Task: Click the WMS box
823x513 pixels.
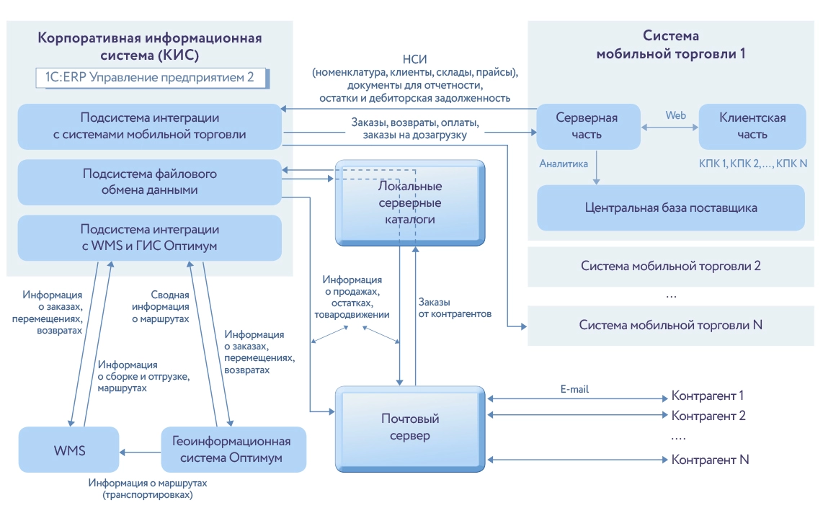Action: pyautogui.click(x=69, y=450)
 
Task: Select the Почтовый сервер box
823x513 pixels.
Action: pyautogui.click(x=410, y=427)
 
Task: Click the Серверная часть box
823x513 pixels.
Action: pyautogui.click(x=588, y=125)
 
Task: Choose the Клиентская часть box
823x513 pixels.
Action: pyautogui.click(x=752, y=125)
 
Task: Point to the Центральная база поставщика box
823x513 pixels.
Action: pyautogui.click(x=671, y=208)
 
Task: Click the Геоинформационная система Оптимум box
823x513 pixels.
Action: pyautogui.click(x=231, y=450)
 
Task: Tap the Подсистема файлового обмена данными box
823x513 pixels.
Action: pyautogui.click(x=149, y=182)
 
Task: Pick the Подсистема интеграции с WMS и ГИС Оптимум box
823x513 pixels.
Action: pyautogui.click(x=149, y=238)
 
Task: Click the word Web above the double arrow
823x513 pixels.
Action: pyautogui.click(x=675, y=115)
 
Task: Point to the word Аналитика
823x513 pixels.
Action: pyautogui.click(x=564, y=164)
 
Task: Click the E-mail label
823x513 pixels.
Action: pyautogui.click(x=574, y=389)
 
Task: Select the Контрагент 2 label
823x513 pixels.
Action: pyautogui.click(x=708, y=416)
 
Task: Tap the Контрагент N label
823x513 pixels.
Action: pyautogui.click(x=711, y=460)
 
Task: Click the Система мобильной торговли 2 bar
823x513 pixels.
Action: pyautogui.click(x=671, y=266)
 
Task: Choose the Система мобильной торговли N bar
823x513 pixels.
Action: pyautogui.click(x=671, y=325)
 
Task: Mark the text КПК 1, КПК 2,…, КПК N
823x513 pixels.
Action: pyautogui.click(x=752, y=164)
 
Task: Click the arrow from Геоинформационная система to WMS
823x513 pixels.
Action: pyautogui.click(x=138, y=452)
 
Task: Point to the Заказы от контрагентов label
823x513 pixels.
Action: pyautogui.click(x=454, y=308)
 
